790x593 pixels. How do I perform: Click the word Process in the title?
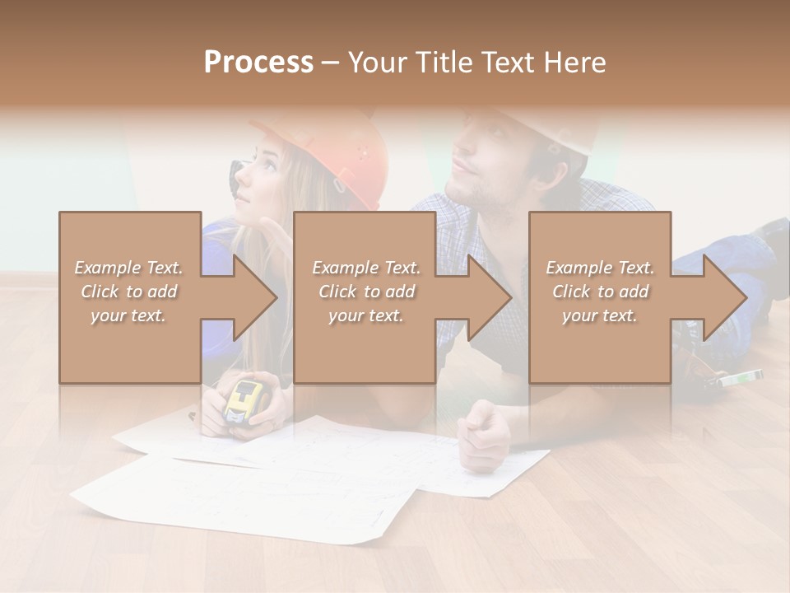click(258, 63)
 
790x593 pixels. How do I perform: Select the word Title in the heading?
click(443, 63)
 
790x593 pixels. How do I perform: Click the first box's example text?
click(128, 292)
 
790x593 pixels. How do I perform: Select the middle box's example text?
click(365, 292)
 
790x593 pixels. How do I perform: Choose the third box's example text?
click(600, 292)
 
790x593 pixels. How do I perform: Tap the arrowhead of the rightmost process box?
click(723, 297)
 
